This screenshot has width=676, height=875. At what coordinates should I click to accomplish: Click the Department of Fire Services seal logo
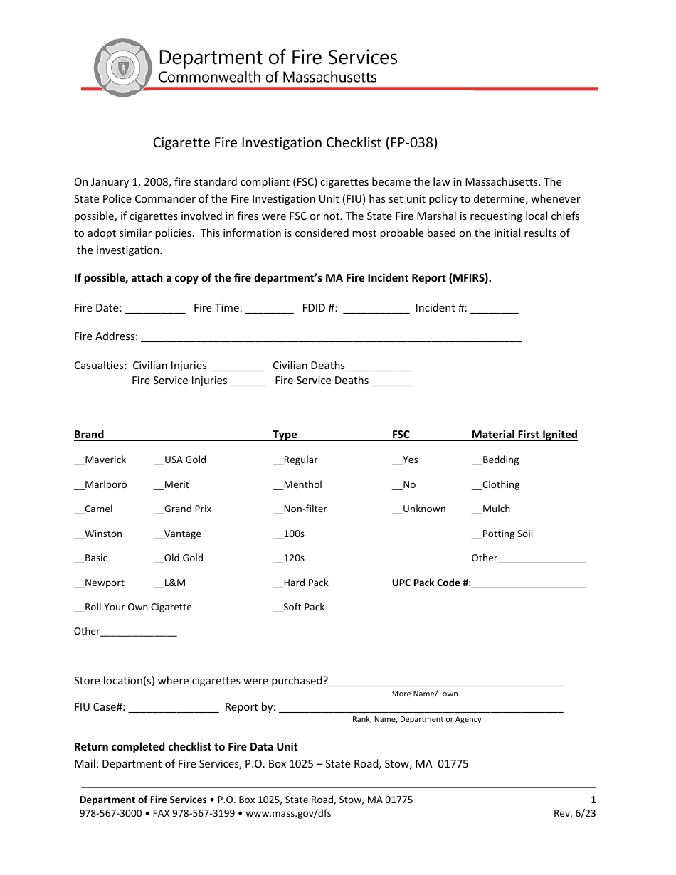(x=123, y=68)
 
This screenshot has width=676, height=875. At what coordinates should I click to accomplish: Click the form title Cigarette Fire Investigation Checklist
(x=295, y=142)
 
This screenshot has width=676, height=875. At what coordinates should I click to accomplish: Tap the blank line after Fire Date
(x=155, y=309)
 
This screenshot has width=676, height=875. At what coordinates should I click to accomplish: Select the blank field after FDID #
(x=375, y=309)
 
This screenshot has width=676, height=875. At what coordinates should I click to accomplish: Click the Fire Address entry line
(x=331, y=338)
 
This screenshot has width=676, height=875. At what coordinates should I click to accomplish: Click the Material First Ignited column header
(x=524, y=435)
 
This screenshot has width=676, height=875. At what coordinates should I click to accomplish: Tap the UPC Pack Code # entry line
(x=529, y=584)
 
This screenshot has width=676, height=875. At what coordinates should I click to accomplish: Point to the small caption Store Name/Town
(x=425, y=694)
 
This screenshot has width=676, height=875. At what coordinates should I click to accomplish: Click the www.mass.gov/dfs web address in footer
(x=288, y=814)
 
